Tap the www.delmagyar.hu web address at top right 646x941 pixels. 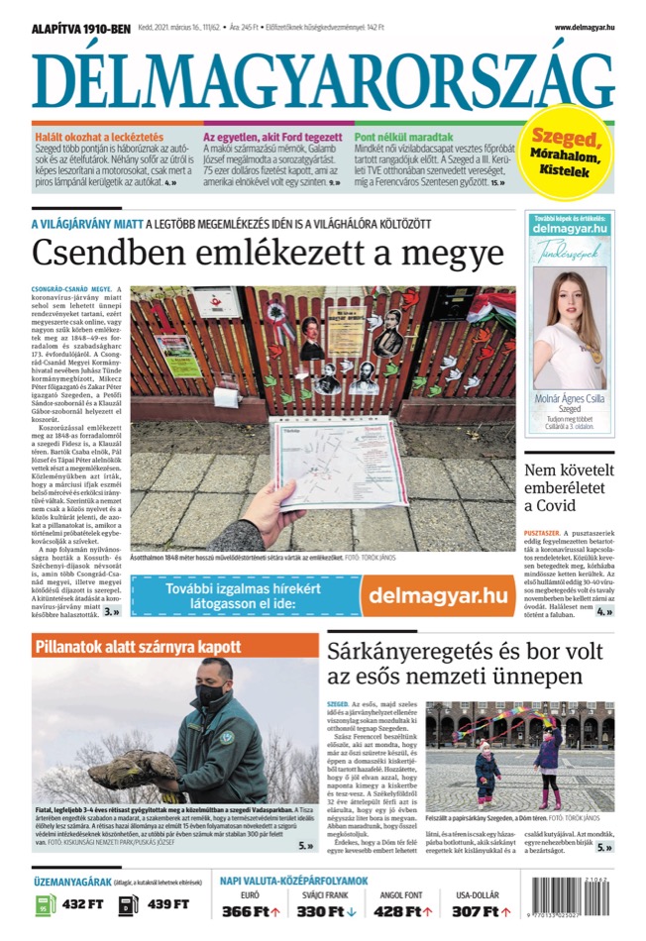pos(584,28)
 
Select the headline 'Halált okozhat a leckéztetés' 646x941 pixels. pos(100,137)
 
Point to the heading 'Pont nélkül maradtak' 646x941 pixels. pos(404,137)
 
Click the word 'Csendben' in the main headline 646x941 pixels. pos(98,253)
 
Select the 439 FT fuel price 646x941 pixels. pos(167,904)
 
